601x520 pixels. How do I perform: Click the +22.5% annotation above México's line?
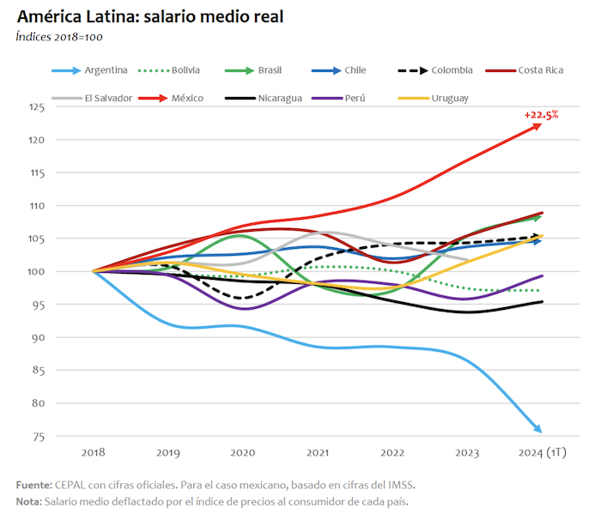(x=541, y=114)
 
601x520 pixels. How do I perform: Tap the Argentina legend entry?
(x=106, y=70)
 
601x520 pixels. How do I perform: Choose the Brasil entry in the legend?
(x=269, y=70)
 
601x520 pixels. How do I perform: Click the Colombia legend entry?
(x=452, y=70)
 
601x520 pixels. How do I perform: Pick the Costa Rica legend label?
(x=540, y=70)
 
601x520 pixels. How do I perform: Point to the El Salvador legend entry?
(x=107, y=98)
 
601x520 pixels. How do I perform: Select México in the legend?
(x=187, y=98)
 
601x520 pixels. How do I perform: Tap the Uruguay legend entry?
(x=451, y=98)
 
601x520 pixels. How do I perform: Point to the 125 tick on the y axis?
(x=36, y=107)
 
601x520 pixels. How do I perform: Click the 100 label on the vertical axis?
(x=36, y=272)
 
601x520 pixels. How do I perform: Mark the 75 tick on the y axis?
(x=39, y=437)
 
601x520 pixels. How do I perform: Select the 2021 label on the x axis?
(x=317, y=452)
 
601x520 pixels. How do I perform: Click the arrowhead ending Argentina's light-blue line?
(x=537, y=429)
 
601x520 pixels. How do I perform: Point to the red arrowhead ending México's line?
(x=537, y=126)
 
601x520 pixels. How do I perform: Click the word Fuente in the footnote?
(x=33, y=485)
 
